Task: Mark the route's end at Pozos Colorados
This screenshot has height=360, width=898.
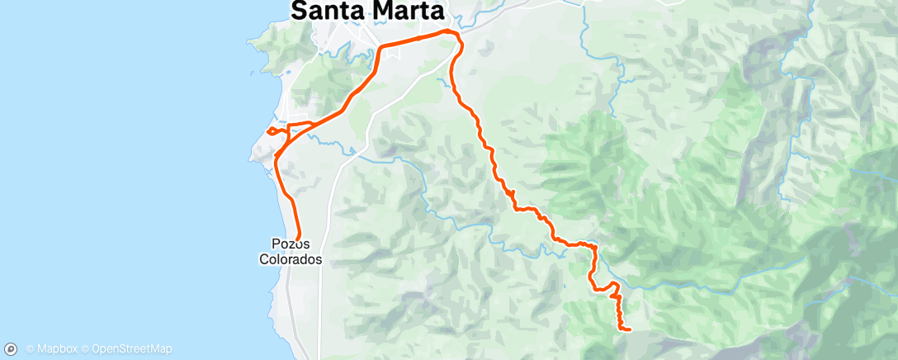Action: coord(297,236)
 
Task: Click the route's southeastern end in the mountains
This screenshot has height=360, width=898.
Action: coord(630,329)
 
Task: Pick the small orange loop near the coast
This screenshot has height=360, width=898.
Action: coord(272,130)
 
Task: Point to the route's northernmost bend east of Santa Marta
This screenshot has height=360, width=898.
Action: coord(448,31)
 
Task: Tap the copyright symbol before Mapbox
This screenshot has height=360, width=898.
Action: coord(30,348)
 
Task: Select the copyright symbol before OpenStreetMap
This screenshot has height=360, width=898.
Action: coord(85,348)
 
